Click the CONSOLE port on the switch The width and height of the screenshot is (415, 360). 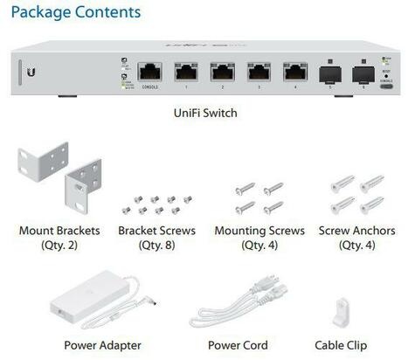149,73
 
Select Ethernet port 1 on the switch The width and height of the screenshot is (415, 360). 185,73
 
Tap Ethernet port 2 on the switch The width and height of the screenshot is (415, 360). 222,73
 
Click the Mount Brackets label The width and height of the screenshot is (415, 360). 59,231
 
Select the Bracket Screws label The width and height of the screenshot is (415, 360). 156,231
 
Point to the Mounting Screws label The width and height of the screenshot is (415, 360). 259,231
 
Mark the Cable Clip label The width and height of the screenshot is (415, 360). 341,345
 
